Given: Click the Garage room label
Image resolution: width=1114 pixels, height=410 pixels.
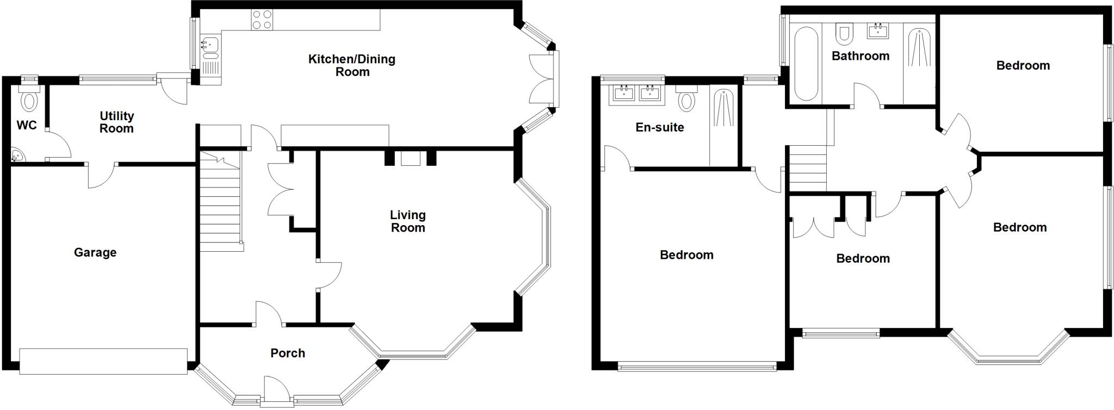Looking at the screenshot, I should coord(95,252).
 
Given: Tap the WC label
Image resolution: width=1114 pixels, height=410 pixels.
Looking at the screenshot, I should coord(27,126).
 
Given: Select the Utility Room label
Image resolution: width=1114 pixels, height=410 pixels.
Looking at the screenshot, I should coord(116,122).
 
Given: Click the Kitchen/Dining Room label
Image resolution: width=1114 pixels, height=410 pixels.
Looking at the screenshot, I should coord(352,65).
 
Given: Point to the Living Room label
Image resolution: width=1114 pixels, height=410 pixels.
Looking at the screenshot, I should coord(407,221).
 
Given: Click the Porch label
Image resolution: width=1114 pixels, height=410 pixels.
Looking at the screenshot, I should coord(288,353).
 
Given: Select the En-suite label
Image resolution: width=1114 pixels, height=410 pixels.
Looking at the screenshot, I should coord(660,127).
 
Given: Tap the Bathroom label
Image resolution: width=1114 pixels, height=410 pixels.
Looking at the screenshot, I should coord(861,56).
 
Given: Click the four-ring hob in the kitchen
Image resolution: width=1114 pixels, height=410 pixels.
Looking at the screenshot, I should coord(262,20).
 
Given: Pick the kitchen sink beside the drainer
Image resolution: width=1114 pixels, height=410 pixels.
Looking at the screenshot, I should coord(209,44).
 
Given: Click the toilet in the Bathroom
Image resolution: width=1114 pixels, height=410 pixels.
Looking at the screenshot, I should coord(844,34).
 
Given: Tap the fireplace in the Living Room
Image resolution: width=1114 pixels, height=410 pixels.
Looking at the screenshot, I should coord(411,158).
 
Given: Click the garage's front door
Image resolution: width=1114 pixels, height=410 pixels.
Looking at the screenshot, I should coord(103,362).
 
